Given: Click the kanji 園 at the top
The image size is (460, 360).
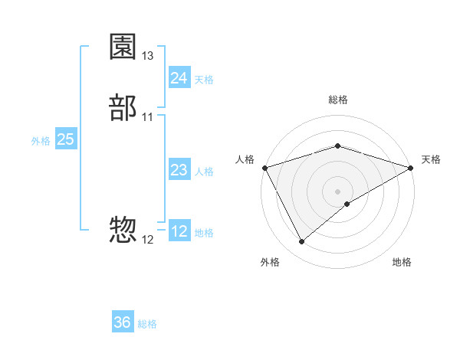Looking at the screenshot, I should [123, 47].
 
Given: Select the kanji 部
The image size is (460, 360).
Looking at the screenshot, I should [123, 108].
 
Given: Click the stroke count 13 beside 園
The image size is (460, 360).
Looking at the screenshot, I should [148, 56].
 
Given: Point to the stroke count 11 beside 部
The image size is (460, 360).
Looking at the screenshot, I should [148, 117].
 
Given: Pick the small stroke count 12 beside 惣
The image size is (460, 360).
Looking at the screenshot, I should [148, 239].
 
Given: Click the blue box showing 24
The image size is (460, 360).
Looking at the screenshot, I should [179, 78].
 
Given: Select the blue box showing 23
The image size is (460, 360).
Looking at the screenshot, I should [179, 170].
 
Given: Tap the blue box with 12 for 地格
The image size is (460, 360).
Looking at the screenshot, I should [179, 231].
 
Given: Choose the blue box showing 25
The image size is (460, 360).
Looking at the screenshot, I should [65, 139].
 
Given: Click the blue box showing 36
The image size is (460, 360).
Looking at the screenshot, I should [123, 322].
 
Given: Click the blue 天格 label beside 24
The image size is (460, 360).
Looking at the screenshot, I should [204, 80].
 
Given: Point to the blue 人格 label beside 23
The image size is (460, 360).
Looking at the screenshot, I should [204, 172].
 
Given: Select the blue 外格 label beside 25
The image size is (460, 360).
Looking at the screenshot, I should [41, 141].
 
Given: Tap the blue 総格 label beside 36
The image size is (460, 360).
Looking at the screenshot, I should [147, 324].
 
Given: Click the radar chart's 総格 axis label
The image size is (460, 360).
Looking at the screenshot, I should [337, 100].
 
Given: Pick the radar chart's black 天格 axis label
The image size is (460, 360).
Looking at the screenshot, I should [432, 159].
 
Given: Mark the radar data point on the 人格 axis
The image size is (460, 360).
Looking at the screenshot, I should [264, 167].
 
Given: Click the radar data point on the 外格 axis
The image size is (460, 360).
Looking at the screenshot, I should [301, 242].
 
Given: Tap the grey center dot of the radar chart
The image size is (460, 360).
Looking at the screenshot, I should [337, 191].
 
